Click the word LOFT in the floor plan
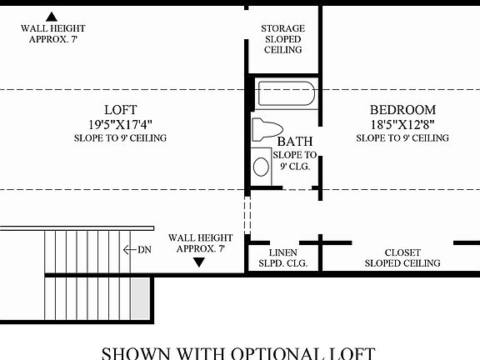click(120, 109)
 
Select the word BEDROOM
click(402, 109)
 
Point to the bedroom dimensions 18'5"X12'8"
click(402, 123)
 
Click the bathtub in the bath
click(286, 93)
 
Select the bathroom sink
click(262, 166)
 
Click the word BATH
click(295, 142)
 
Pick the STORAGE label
click(283, 28)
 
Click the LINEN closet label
click(283, 252)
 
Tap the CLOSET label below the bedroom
click(402, 252)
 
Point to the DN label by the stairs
click(144, 249)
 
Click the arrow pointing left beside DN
click(128, 249)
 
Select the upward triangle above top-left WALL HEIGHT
click(52, 16)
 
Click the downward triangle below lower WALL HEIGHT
click(198, 262)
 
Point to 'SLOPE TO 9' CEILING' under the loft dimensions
click(120, 137)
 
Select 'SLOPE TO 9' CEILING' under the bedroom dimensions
click(402, 137)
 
